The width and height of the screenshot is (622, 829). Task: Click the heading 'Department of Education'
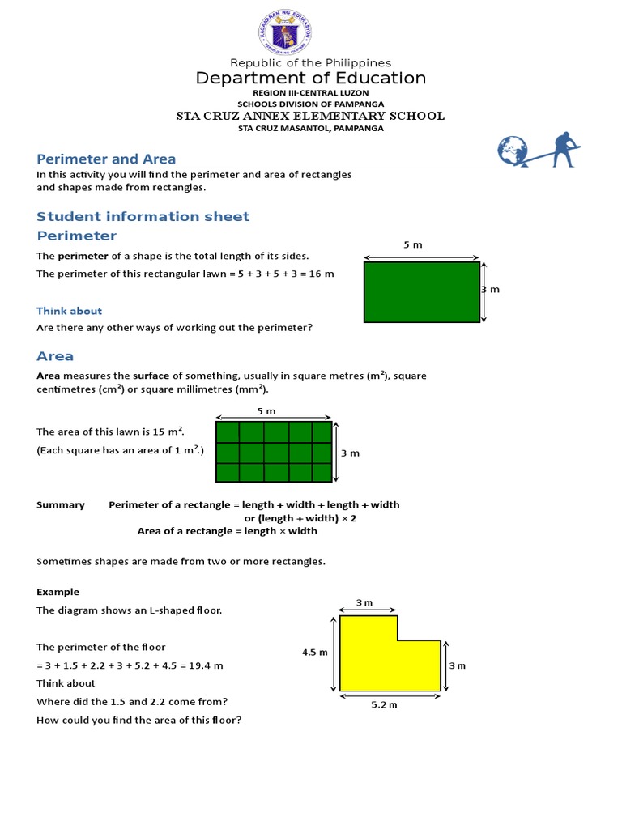pyautogui.click(x=310, y=79)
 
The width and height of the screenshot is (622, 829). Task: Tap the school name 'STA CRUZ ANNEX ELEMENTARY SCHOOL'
pyautogui.click(x=310, y=116)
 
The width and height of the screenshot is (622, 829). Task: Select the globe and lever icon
pyautogui.click(x=538, y=151)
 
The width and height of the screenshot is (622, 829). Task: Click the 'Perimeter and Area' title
pyautogui.click(x=106, y=159)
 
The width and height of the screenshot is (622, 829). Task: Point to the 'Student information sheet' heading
pyautogui.click(x=143, y=216)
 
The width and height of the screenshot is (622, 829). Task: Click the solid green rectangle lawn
pyautogui.click(x=422, y=292)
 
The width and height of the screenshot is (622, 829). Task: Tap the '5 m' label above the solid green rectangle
pyautogui.click(x=413, y=244)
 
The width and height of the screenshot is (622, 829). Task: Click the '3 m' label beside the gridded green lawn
pyautogui.click(x=350, y=453)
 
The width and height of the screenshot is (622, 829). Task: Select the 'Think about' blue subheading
pyautogui.click(x=70, y=311)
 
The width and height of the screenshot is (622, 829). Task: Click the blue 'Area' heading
pyautogui.click(x=55, y=356)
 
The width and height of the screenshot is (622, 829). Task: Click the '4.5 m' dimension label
pyautogui.click(x=314, y=653)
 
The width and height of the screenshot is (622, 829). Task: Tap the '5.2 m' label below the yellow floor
pyautogui.click(x=384, y=705)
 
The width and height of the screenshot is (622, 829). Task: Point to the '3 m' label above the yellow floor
pyautogui.click(x=364, y=602)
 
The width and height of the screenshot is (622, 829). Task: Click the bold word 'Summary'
pyautogui.click(x=61, y=504)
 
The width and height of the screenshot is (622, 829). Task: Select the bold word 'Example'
pyautogui.click(x=58, y=592)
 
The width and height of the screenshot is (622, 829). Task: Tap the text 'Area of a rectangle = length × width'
pyautogui.click(x=228, y=531)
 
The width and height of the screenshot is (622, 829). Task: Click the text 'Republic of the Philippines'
pyautogui.click(x=310, y=62)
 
